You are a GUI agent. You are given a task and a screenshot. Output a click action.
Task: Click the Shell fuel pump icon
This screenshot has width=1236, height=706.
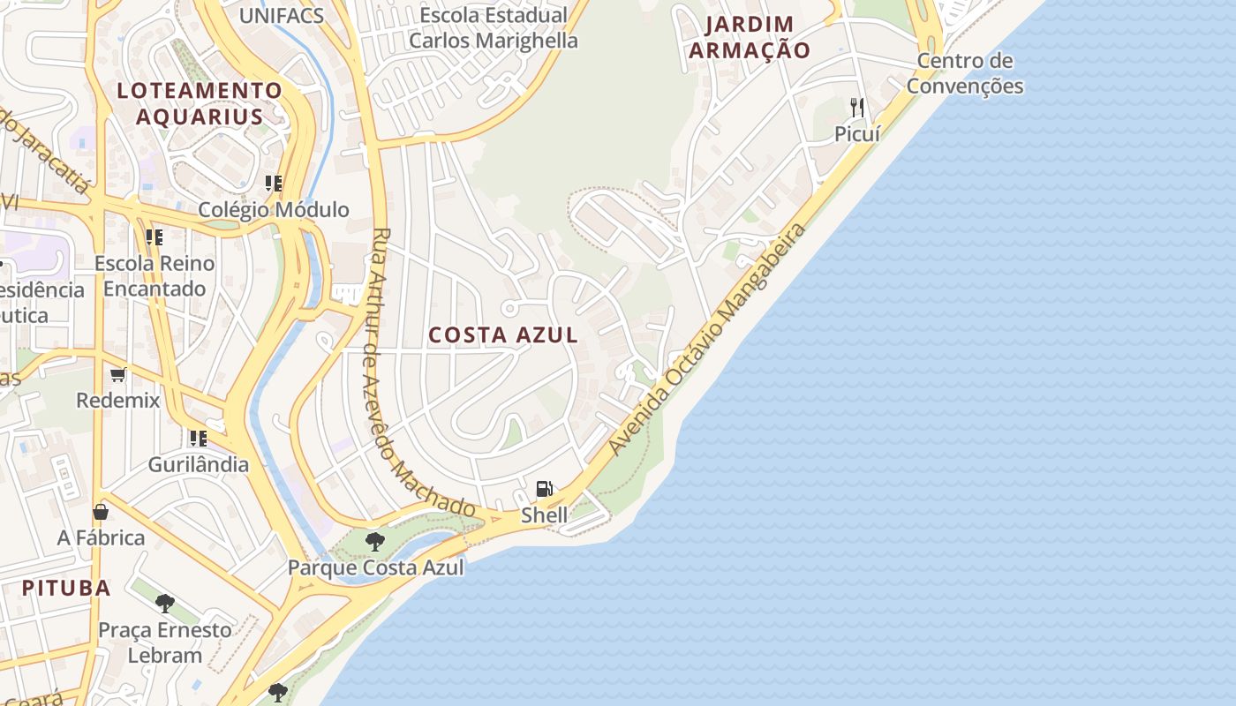tap(545, 489)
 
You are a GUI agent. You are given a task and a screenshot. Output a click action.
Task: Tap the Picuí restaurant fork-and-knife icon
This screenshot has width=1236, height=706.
tap(857, 108)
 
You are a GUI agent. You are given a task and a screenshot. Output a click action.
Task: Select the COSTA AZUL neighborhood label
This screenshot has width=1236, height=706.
tap(503, 335)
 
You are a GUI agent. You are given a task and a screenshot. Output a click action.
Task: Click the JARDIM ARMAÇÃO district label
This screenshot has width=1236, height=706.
tap(750, 37)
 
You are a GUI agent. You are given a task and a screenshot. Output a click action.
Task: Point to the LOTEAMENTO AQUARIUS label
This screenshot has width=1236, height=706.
tap(200, 103)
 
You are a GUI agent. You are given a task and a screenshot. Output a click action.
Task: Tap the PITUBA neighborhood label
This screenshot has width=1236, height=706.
tap(66, 588)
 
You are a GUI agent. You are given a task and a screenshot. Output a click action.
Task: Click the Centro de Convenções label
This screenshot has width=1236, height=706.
tap(965, 73)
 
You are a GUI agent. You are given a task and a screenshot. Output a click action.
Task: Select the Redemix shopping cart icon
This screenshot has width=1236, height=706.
tap(118, 374)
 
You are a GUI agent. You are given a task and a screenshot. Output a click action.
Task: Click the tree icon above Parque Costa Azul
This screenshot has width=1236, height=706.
tap(375, 541)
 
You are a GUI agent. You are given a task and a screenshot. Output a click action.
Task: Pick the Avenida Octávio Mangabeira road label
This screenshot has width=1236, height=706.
tap(709, 340)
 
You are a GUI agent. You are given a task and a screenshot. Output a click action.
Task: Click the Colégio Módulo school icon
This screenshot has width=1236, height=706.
tap(274, 184)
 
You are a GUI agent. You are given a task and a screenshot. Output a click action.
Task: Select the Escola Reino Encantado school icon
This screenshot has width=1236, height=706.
tap(154, 237)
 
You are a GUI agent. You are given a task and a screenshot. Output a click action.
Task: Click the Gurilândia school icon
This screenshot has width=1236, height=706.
tap(198, 438)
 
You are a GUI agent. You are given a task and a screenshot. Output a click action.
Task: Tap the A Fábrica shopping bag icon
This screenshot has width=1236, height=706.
tap(101, 512)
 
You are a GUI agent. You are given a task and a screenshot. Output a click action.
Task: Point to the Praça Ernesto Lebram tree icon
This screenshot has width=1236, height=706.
tap(165, 604)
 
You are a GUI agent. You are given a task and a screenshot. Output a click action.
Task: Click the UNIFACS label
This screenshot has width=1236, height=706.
tap(282, 15)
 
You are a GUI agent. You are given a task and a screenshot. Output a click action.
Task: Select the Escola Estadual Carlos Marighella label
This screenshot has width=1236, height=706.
tap(494, 28)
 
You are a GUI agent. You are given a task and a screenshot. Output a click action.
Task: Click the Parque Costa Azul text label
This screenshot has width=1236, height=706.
tap(376, 567)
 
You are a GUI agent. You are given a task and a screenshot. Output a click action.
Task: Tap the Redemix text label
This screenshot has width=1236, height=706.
tap(118, 400)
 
